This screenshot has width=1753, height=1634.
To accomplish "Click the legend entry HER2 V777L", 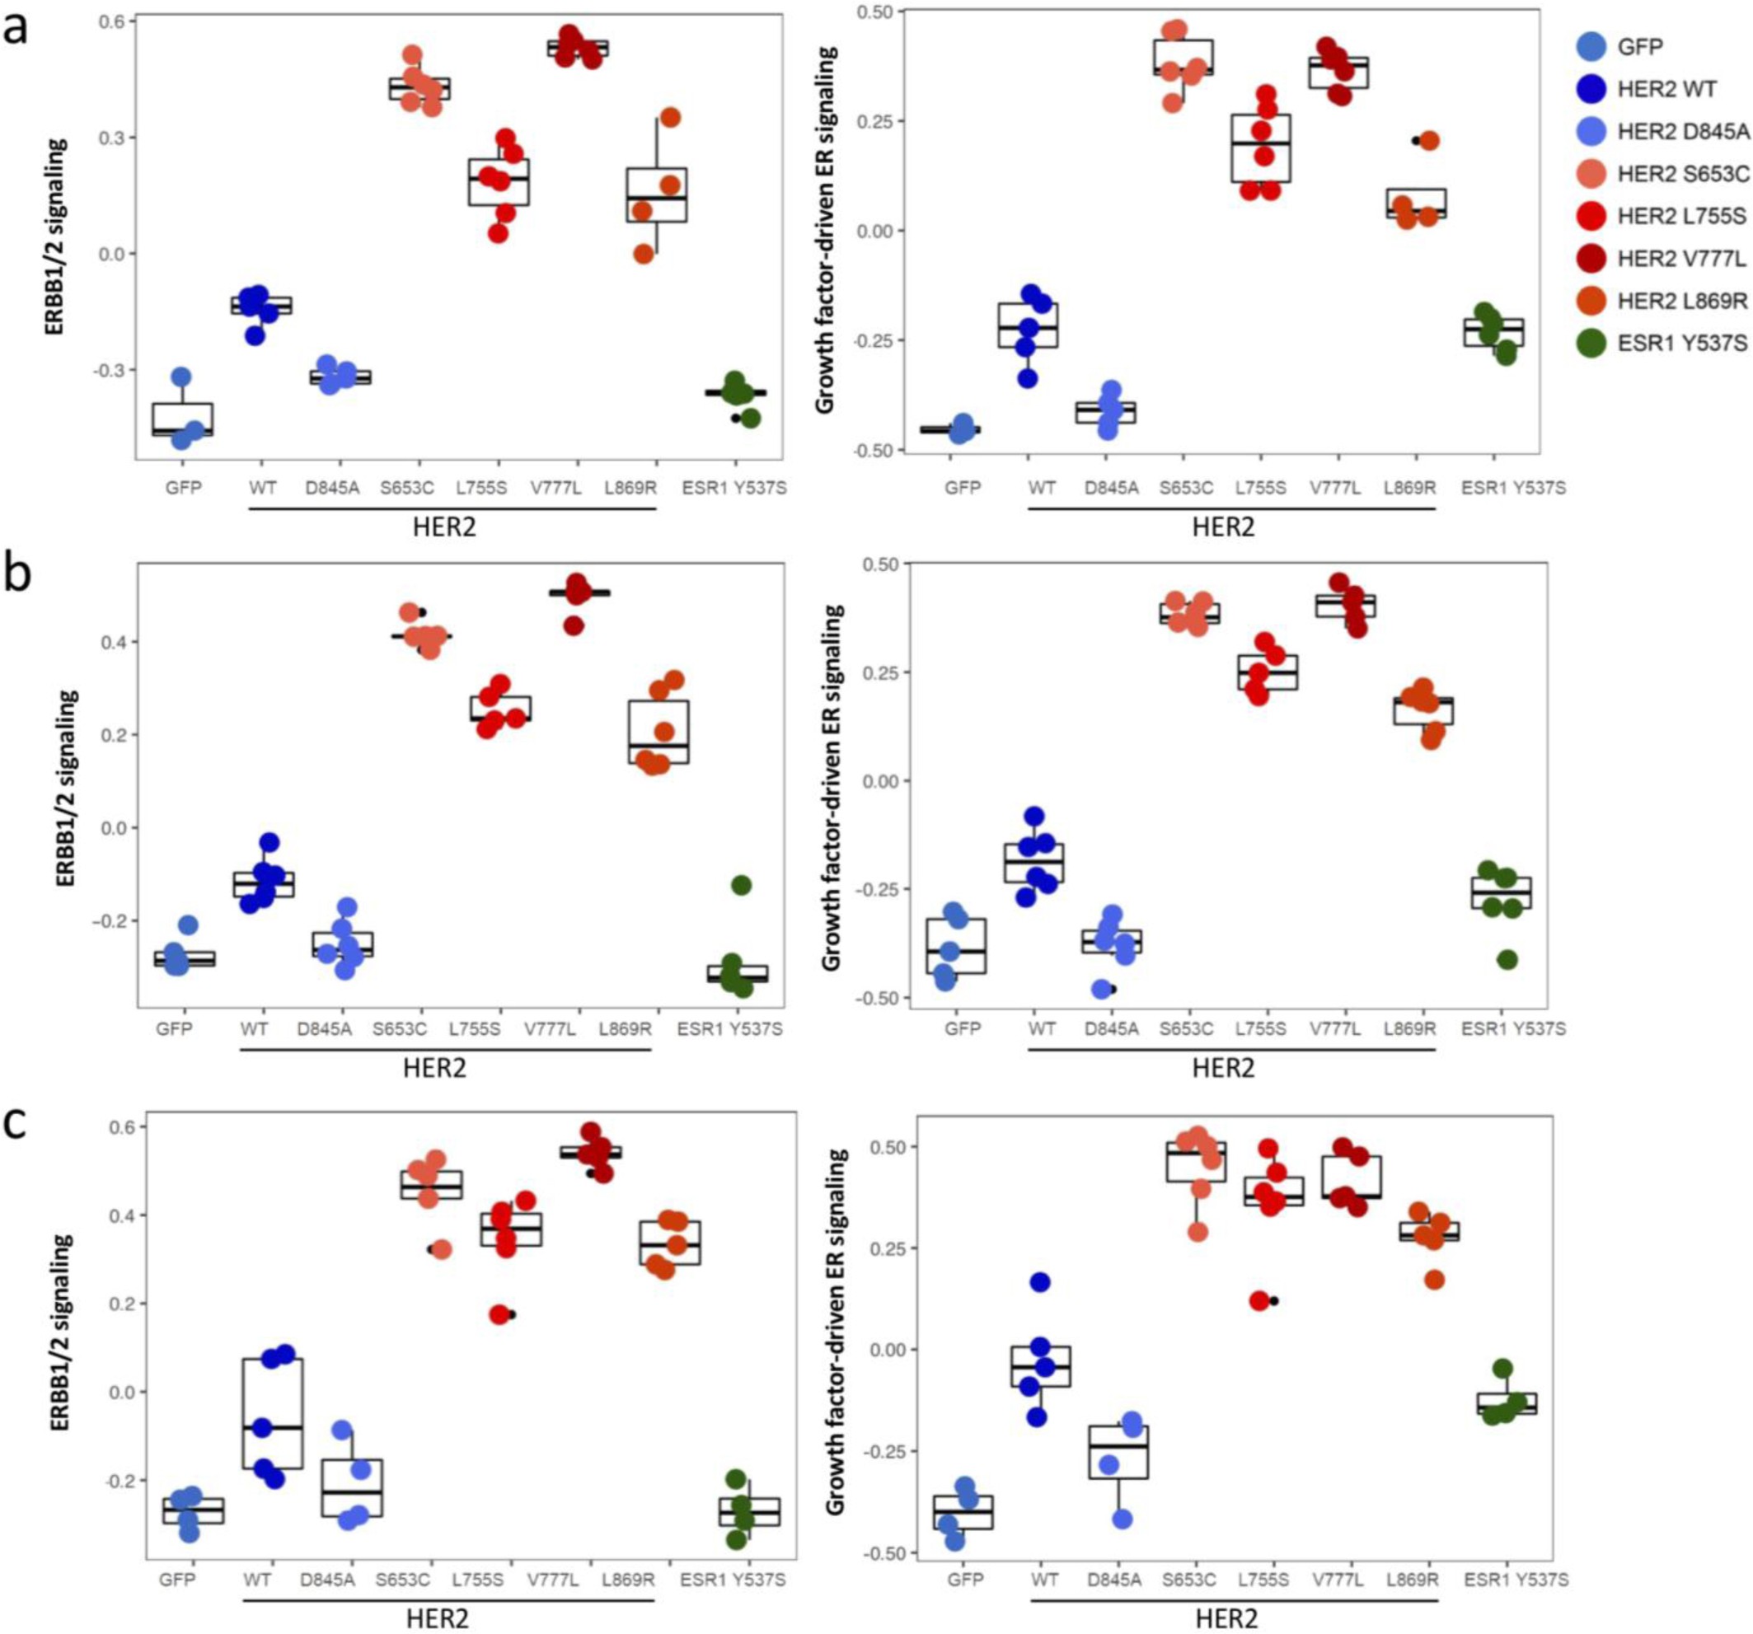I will [x=1680, y=260].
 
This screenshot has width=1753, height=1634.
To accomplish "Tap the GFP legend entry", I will [x=1640, y=47].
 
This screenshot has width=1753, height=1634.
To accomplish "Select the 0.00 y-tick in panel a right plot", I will [x=881, y=231].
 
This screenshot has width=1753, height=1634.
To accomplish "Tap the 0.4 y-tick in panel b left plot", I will [x=115, y=642].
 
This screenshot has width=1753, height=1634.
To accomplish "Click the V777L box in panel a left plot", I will [x=578, y=48].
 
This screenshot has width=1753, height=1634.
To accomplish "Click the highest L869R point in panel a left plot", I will [x=670, y=117].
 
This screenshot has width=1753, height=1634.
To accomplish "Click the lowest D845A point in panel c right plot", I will [x=1122, y=1519].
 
